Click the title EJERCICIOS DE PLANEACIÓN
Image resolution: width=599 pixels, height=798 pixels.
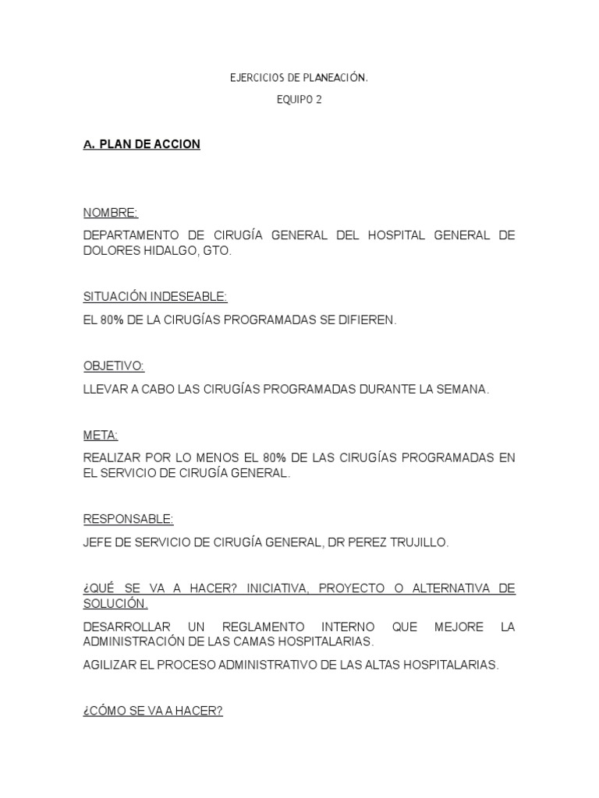coord(299,78)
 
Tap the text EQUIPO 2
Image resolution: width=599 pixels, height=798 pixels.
coord(299,100)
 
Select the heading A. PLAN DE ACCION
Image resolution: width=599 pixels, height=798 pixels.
coord(142,145)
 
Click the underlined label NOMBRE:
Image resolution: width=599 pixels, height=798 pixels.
coord(110,213)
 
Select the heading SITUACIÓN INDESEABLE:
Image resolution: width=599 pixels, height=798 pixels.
coord(155,296)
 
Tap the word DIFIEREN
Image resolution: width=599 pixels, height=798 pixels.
coord(369,321)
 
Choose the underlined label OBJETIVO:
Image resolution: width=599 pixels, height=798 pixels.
coord(114,366)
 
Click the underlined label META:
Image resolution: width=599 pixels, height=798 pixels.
coord(101,435)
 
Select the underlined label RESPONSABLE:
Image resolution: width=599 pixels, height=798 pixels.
coord(128,519)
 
